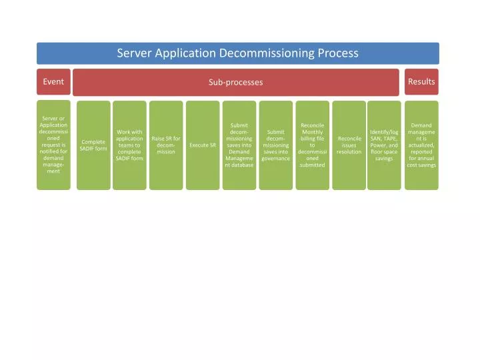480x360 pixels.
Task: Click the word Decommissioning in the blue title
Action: (267, 53)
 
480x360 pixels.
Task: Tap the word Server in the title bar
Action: (134, 53)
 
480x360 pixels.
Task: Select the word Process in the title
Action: (338, 53)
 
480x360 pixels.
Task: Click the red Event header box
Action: (53, 82)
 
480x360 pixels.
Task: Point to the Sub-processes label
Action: (236, 82)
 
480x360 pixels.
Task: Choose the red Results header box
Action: (421, 82)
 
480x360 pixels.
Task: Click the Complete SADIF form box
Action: (93, 145)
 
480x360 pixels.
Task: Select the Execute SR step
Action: (203, 145)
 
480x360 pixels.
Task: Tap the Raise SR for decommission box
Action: (166, 145)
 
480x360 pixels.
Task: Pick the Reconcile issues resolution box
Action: (349, 145)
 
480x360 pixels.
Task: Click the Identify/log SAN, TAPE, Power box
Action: (384, 145)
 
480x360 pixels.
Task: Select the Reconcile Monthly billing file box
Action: (313, 145)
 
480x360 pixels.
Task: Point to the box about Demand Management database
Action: (239, 145)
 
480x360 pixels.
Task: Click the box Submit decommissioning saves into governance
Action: (276, 145)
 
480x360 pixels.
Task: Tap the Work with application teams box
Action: (129, 145)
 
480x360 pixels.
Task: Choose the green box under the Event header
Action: (53, 145)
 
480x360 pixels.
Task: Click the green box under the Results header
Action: (421, 145)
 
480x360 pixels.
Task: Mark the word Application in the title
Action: (185, 53)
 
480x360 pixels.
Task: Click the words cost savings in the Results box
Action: (421, 165)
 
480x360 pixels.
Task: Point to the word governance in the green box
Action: (276, 159)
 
